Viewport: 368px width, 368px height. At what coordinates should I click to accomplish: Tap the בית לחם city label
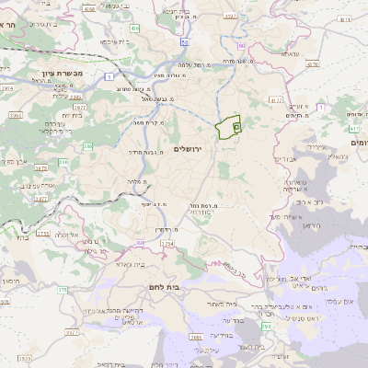tap(162, 288)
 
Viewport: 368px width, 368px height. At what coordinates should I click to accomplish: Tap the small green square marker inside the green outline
tap(236, 123)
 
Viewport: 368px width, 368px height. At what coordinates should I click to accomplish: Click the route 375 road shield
tap(62, 289)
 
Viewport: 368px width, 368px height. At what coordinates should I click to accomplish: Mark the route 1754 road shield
tap(167, 244)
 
